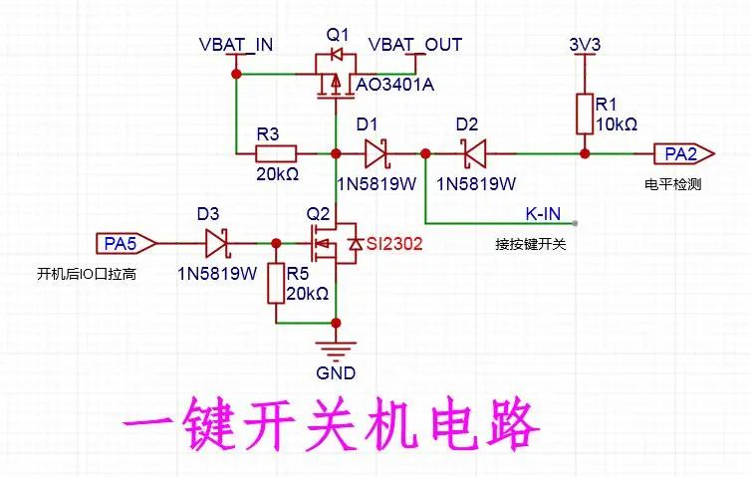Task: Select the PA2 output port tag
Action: pos(684,154)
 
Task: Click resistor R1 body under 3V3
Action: pos(585,114)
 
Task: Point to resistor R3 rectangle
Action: pos(276,153)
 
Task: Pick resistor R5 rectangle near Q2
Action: pos(276,283)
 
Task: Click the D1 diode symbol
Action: pos(375,153)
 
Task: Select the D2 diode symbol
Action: pos(474,153)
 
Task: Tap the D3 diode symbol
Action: pos(217,243)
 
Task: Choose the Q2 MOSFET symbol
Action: pos(334,243)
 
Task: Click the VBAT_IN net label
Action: pos(236,45)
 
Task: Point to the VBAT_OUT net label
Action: pos(415,45)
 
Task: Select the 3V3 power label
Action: pos(585,45)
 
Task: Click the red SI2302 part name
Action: pos(394,244)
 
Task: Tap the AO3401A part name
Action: pos(395,85)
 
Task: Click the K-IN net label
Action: pos(543,213)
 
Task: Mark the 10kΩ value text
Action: pos(617,124)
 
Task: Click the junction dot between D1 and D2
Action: pos(425,153)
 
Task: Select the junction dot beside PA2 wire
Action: pos(585,153)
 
